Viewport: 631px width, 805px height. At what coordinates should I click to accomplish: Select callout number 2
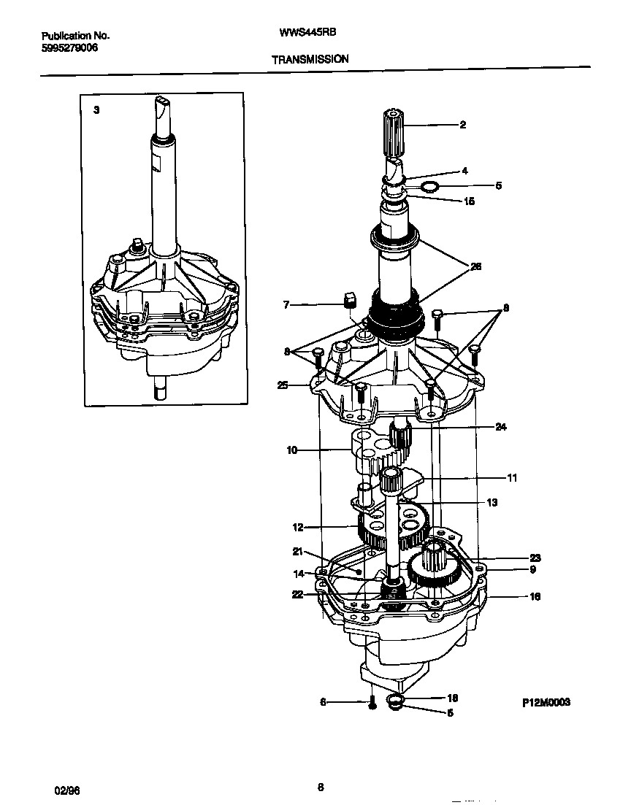462,125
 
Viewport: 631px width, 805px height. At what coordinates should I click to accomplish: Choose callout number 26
475,266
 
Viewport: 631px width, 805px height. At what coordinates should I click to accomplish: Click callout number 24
500,427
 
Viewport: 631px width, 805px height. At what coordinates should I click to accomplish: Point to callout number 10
292,450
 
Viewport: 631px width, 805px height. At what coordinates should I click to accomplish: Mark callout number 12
297,527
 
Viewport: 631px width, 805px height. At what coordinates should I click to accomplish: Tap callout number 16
535,596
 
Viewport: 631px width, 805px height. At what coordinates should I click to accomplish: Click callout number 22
297,594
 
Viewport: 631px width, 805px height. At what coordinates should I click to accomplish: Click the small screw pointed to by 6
372,704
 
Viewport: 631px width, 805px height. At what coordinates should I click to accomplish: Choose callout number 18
452,698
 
